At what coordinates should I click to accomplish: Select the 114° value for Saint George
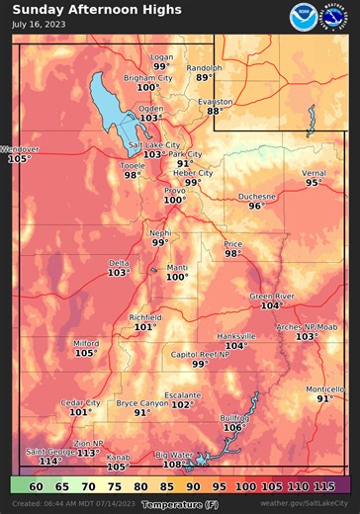coord(50,461)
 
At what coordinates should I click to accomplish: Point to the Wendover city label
coord(19,149)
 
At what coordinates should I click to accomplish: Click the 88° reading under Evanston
coord(215,111)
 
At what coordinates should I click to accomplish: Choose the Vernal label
coord(313,173)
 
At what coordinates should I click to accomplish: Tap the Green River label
coord(272,296)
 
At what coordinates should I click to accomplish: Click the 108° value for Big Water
coord(172,464)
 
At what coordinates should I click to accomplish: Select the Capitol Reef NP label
coord(199,354)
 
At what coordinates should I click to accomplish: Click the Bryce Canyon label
coord(142,403)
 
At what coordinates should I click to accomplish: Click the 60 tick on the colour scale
coord(36,486)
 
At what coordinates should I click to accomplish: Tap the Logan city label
coord(161,57)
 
